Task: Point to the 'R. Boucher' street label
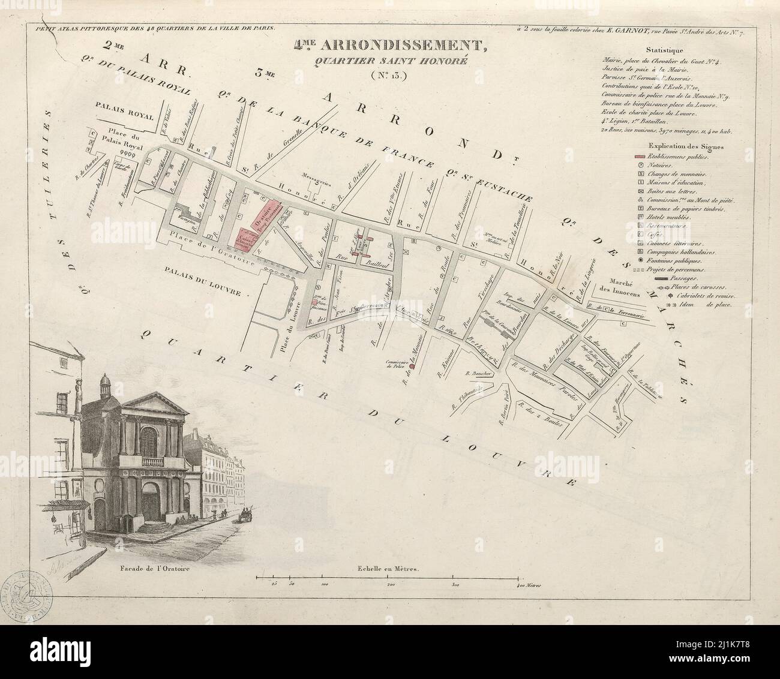[x=478, y=373]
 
